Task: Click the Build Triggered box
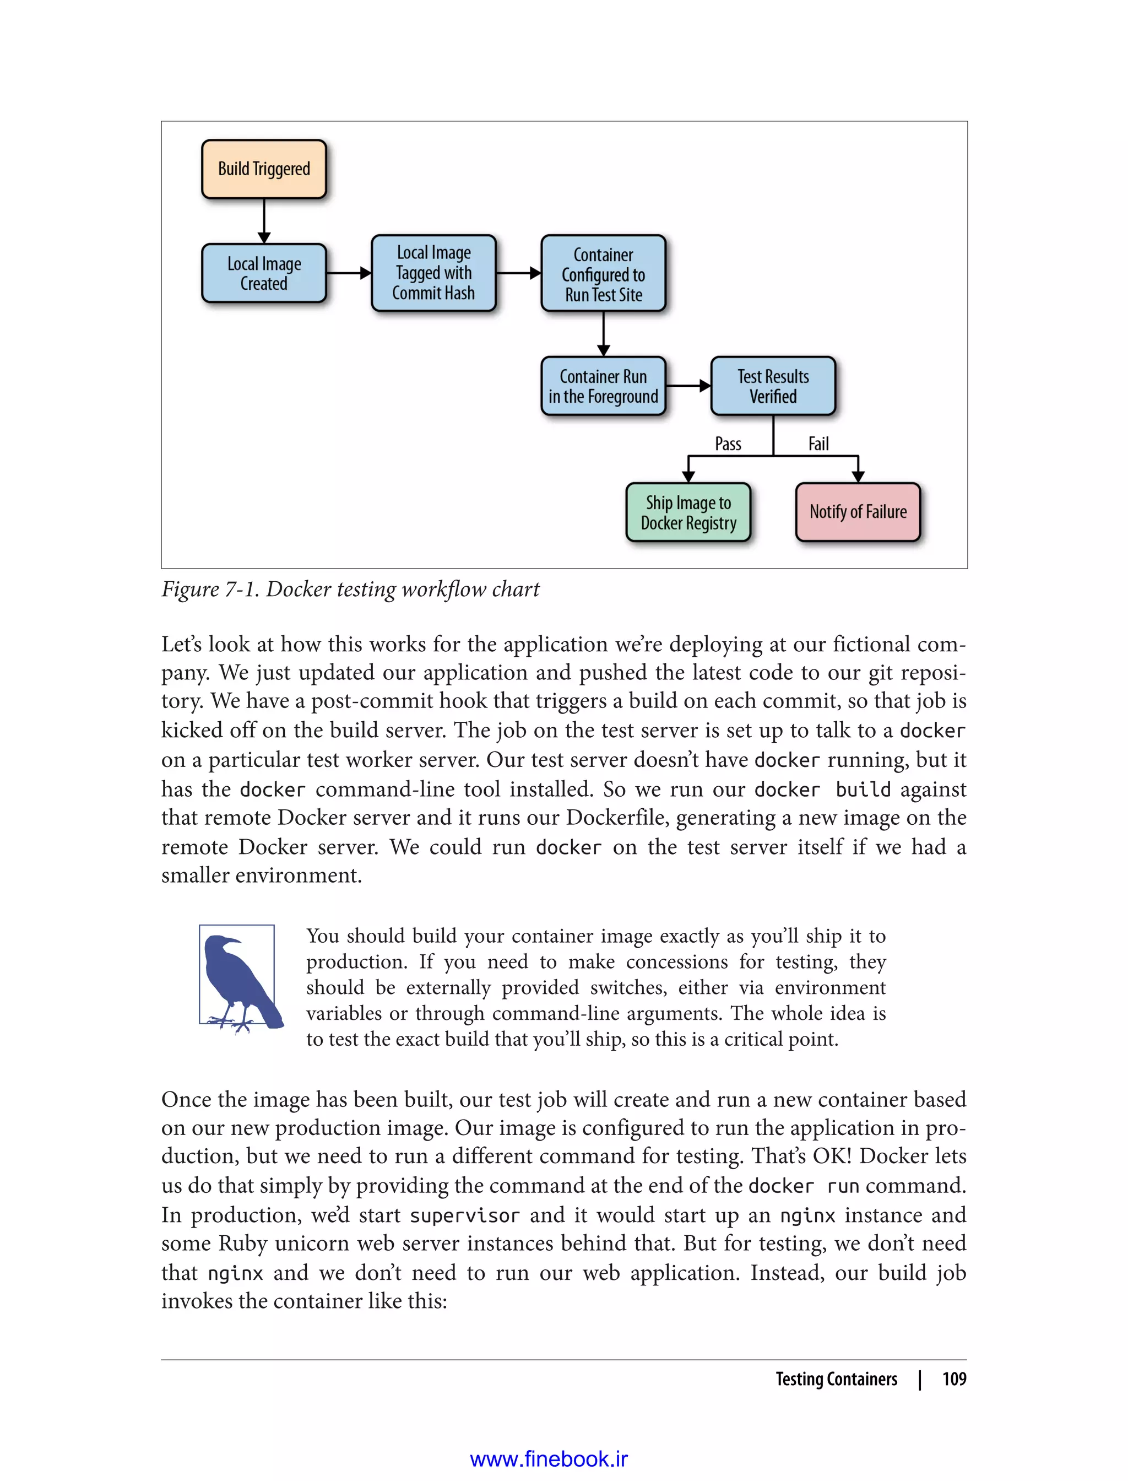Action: click(x=264, y=169)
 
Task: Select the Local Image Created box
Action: click(x=264, y=273)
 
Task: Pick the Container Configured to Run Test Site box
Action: click(x=603, y=273)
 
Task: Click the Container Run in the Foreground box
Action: click(x=603, y=386)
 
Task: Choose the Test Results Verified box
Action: click(x=773, y=386)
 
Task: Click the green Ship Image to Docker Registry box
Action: click(x=688, y=512)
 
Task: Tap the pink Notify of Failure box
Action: click(x=858, y=512)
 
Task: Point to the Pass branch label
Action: click(x=728, y=444)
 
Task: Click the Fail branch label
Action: click(x=818, y=444)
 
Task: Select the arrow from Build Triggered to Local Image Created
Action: click(x=264, y=221)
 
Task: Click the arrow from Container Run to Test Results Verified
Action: click(x=688, y=386)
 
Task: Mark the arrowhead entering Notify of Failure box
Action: click(x=858, y=476)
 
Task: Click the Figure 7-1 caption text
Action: click(x=350, y=589)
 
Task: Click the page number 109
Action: click(x=953, y=1379)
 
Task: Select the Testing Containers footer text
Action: click(x=836, y=1379)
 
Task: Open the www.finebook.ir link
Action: click(x=549, y=1459)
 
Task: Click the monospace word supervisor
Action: click(x=465, y=1215)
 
